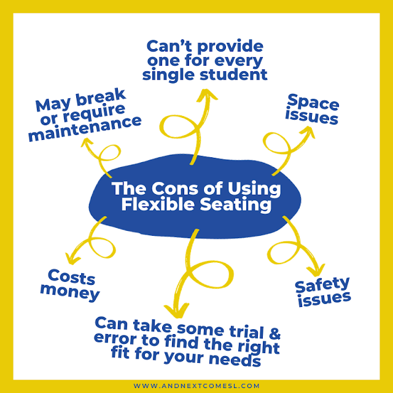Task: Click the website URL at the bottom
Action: pos(196,384)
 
